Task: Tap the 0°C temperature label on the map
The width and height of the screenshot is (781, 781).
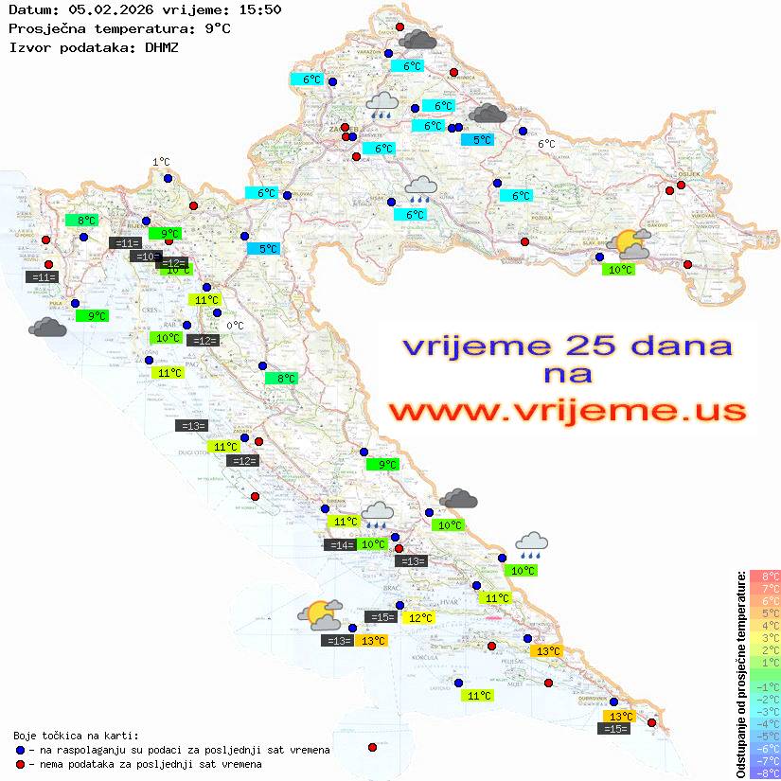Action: [235, 327]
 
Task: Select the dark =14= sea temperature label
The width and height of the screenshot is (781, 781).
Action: [339, 544]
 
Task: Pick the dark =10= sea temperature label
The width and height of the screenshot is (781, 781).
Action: [145, 257]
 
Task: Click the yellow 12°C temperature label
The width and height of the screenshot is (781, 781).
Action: [418, 618]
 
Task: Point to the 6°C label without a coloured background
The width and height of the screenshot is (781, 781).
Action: [546, 144]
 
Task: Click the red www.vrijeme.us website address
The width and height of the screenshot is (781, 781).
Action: [566, 411]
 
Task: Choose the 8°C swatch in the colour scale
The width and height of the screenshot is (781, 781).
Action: [764, 577]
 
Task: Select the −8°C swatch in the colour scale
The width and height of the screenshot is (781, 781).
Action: [764, 772]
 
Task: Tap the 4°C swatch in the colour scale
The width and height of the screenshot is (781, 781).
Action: [764, 626]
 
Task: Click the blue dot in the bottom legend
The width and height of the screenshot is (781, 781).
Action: [20, 750]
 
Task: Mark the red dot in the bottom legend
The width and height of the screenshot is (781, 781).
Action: [20, 764]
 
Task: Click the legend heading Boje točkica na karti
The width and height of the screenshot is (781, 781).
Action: [76, 736]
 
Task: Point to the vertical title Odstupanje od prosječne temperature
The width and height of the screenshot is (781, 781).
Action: [741, 674]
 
